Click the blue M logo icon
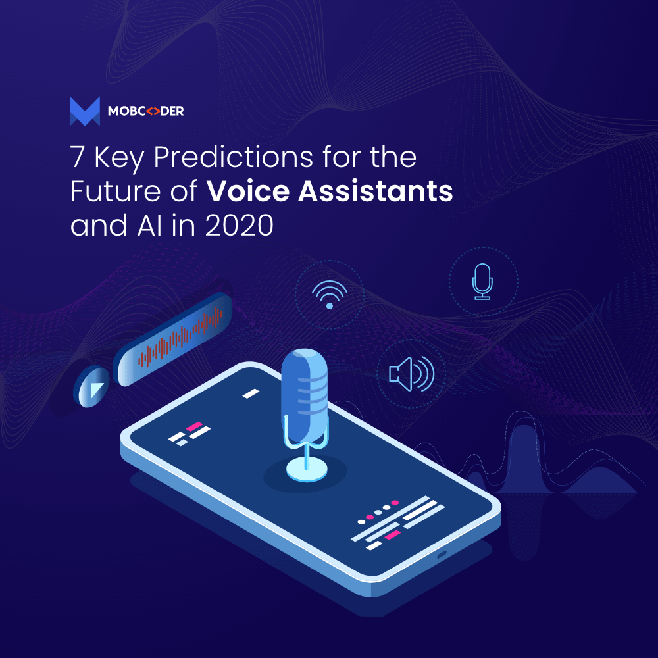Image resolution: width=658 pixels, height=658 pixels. pyautogui.click(x=84, y=111)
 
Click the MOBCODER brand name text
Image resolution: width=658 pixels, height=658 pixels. pyautogui.click(x=145, y=112)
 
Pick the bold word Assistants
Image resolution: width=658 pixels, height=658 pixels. pyautogui.click(x=373, y=193)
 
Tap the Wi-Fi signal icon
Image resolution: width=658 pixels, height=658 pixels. pyautogui.click(x=329, y=293)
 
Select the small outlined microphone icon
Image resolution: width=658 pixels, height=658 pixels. pyautogui.click(x=483, y=282)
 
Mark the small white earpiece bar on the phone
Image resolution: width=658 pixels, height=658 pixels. pyautogui.click(x=250, y=393)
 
